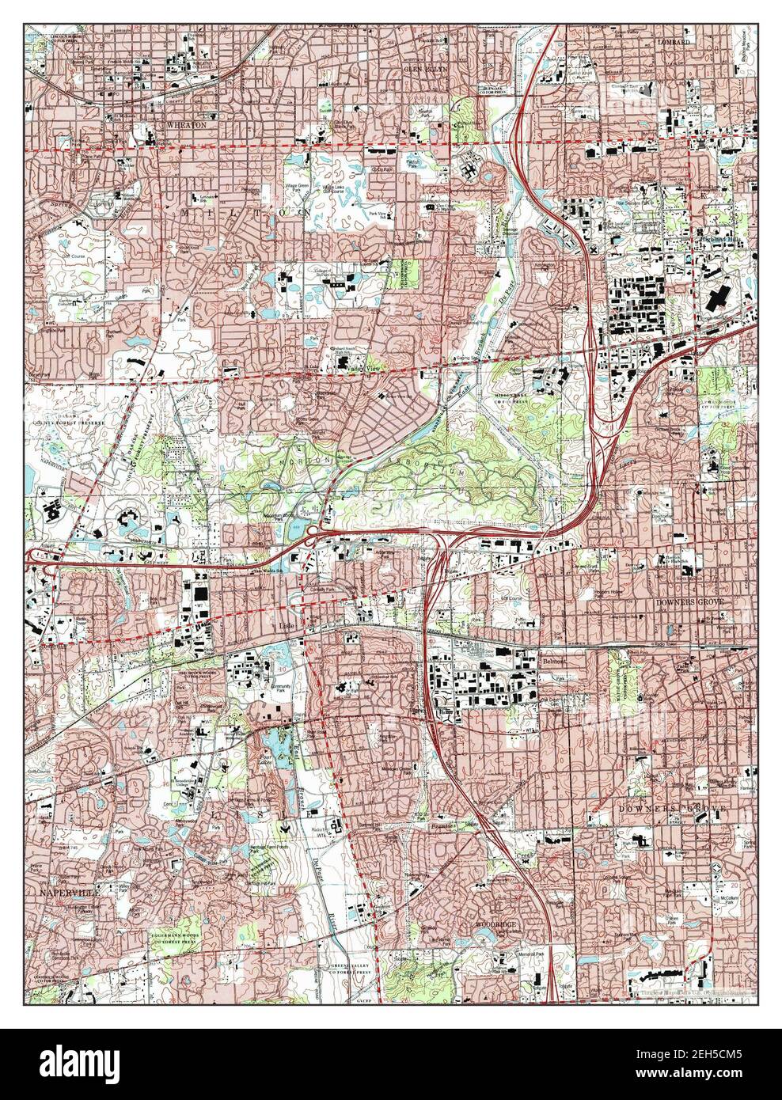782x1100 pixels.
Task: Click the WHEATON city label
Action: tap(186, 125)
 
